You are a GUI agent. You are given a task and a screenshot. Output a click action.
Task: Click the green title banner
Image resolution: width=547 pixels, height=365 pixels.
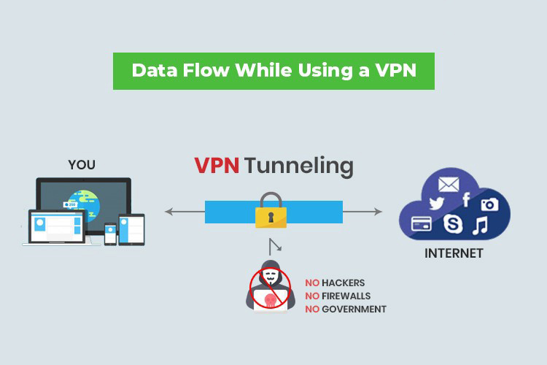[x=273, y=71]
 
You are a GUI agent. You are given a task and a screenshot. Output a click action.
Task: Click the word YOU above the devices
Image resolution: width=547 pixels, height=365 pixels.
[x=81, y=165]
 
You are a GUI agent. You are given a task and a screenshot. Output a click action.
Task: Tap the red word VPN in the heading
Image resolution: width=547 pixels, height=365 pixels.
[x=217, y=166]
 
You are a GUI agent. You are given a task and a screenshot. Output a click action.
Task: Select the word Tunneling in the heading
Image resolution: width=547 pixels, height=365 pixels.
[x=299, y=166]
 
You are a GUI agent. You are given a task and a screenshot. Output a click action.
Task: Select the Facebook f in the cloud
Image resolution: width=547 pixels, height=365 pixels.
[x=465, y=199]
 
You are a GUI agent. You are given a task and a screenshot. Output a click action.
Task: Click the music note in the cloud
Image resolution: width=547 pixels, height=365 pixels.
[x=481, y=226]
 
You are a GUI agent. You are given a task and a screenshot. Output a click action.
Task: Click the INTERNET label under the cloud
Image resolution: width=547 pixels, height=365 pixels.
[x=454, y=254]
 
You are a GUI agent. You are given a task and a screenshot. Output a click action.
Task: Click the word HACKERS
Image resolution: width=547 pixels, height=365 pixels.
[x=343, y=283]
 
